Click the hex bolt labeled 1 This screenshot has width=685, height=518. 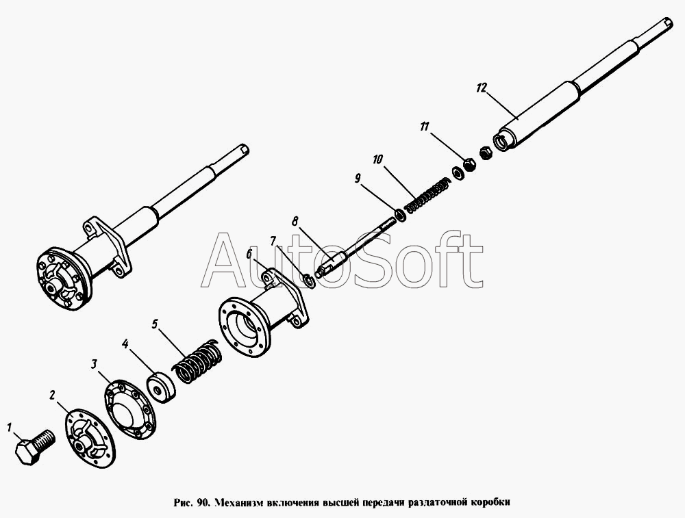(x=34, y=446)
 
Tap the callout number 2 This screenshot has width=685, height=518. (x=53, y=396)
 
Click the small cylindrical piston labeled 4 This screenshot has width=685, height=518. (x=161, y=387)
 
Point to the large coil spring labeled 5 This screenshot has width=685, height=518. (x=197, y=361)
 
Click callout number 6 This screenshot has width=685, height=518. (x=249, y=254)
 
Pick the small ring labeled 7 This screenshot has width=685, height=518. (x=309, y=281)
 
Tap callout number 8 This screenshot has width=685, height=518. (x=295, y=221)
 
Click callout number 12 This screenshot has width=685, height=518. (x=481, y=88)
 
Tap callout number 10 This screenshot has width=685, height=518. (x=377, y=159)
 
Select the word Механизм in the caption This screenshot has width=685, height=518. (x=238, y=502)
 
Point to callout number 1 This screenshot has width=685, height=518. (x=9, y=427)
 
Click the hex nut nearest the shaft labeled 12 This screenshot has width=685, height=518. (x=486, y=153)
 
